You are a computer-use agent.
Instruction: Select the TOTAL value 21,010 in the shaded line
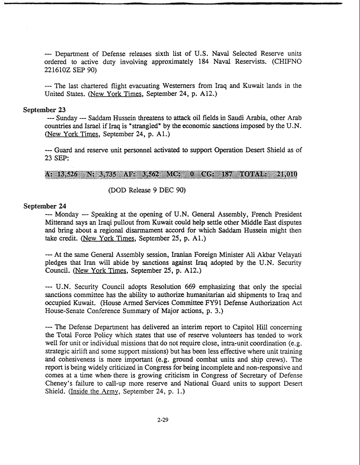tap(286, 175)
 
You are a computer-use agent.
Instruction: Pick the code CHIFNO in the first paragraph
tap(284, 61)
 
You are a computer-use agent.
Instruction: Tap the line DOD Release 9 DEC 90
tap(147, 190)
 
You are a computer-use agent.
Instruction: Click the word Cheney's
tap(59, 383)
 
